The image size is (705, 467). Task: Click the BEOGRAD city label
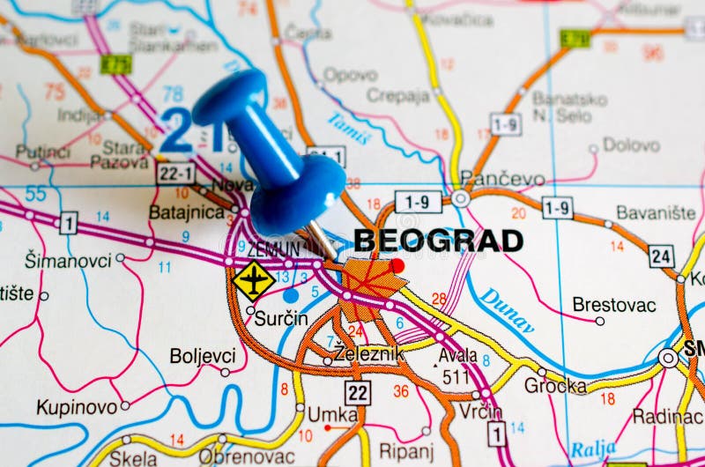438,241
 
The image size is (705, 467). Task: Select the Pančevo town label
502,179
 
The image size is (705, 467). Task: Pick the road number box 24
661,256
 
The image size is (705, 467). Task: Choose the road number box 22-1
175,173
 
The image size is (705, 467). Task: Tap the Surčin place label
281,319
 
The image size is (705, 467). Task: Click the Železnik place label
368,354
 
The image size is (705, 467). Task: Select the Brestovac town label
613,305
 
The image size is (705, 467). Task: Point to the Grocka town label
555,386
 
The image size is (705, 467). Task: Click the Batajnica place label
186,211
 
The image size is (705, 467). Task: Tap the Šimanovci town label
68,260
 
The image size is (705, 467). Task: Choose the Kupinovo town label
77,407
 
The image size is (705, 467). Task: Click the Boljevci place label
203,356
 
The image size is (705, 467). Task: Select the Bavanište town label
656,212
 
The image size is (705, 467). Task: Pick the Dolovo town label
631,145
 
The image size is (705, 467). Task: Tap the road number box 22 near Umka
357,392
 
